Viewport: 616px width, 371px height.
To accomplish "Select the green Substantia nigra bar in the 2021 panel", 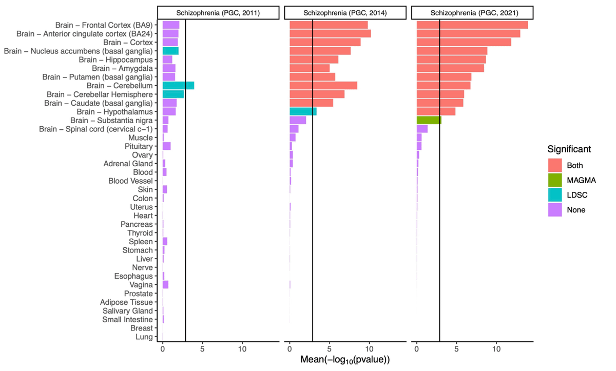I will [x=429, y=120].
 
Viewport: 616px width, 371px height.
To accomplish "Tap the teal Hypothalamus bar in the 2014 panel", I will [x=303, y=111].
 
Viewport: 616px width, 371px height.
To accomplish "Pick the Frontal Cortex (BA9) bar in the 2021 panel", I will [x=472, y=25].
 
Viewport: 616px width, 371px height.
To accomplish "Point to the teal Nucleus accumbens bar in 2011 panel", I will [x=170, y=51].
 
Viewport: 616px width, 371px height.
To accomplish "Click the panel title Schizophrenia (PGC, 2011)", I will [x=218, y=12].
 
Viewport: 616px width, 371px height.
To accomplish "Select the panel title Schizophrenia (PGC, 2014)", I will [x=345, y=12].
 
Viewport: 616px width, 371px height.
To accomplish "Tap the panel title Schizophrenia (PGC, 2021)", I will [x=472, y=12].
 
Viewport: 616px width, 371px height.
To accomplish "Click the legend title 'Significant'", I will [x=568, y=149].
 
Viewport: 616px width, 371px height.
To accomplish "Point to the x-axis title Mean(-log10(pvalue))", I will [x=345, y=361].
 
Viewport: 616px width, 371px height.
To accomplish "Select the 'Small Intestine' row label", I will [x=127, y=320].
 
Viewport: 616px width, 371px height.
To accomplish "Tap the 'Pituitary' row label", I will [x=139, y=146].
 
